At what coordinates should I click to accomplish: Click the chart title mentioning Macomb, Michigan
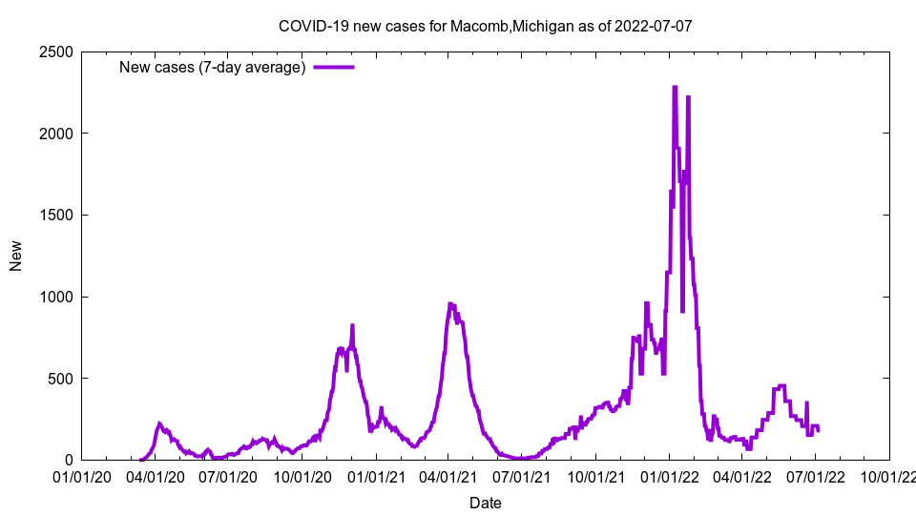pos(485,26)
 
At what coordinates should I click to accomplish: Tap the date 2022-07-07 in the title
pos(654,26)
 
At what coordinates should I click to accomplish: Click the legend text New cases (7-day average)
pos(212,67)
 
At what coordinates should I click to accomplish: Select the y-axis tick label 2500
pos(58,51)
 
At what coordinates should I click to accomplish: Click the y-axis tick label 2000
pos(58,134)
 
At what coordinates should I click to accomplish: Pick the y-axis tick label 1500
pos(58,215)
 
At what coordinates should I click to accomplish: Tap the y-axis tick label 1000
pos(58,297)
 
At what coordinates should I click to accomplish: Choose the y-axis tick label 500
pos(62,379)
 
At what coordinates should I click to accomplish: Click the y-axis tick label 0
pos(70,460)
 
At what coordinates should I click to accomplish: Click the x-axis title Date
pos(485,502)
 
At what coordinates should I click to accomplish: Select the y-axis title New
pos(16,256)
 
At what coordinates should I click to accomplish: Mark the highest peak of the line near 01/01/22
pos(675,87)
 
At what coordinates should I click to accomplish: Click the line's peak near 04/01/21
pos(450,304)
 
